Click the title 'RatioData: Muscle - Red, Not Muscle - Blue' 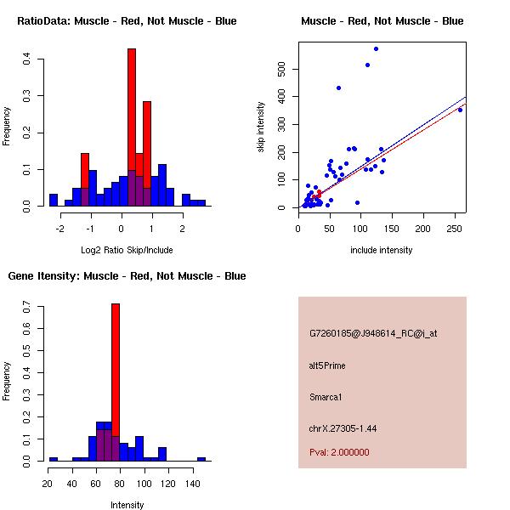[x=127, y=21]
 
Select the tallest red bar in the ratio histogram [x=132, y=127]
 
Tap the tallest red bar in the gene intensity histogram [x=116, y=382]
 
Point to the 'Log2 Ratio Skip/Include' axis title [x=127, y=249]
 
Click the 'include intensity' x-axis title [x=382, y=250]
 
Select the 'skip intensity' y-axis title [x=262, y=127]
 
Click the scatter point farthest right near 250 [x=460, y=110]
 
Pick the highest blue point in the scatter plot [x=376, y=48]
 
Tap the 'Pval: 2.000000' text [x=339, y=453]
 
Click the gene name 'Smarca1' [x=326, y=397]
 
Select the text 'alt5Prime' [x=327, y=366]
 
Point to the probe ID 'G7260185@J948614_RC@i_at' [x=373, y=335]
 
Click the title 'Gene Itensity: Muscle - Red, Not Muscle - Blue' [x=127, y=276]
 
